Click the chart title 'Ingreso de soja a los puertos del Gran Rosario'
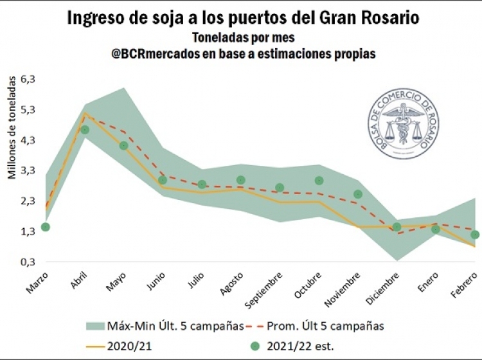[x=244, y=18]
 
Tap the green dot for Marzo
[x=45, y=227]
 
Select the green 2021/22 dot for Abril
[x=84, y=130]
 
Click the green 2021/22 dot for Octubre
[x=319, y=181]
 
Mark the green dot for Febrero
[x=475, y=235]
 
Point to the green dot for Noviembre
[x=358, y=194]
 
